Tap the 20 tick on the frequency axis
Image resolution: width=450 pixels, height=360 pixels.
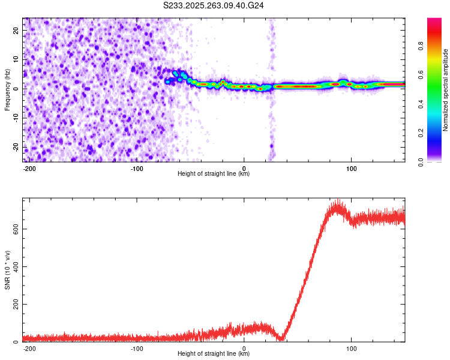coord(17,31)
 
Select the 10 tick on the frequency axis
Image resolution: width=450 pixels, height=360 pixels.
coord(17,60)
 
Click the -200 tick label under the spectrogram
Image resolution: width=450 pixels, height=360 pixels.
coord(29,168)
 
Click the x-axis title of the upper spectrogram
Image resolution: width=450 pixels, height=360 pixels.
coord(214,174)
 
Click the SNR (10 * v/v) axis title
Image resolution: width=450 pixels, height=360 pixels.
coord(8,270)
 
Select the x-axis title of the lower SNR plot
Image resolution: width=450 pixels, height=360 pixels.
coord(214,354)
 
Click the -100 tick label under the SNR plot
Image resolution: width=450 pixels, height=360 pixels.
coord(137,348)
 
